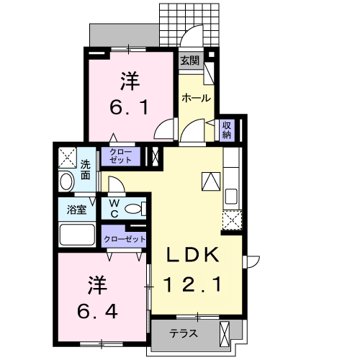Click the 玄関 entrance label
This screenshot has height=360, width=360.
pos(190,60)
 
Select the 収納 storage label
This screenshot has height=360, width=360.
pos(227,129)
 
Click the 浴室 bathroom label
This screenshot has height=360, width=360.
pos(77,210)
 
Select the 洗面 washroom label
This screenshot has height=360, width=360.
pos(86,168)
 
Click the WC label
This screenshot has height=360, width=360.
pos(114,208)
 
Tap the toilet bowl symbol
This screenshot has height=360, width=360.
pos(133,209)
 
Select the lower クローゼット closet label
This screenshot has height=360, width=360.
pos(125,238)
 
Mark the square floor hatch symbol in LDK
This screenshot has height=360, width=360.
pos(211,181)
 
